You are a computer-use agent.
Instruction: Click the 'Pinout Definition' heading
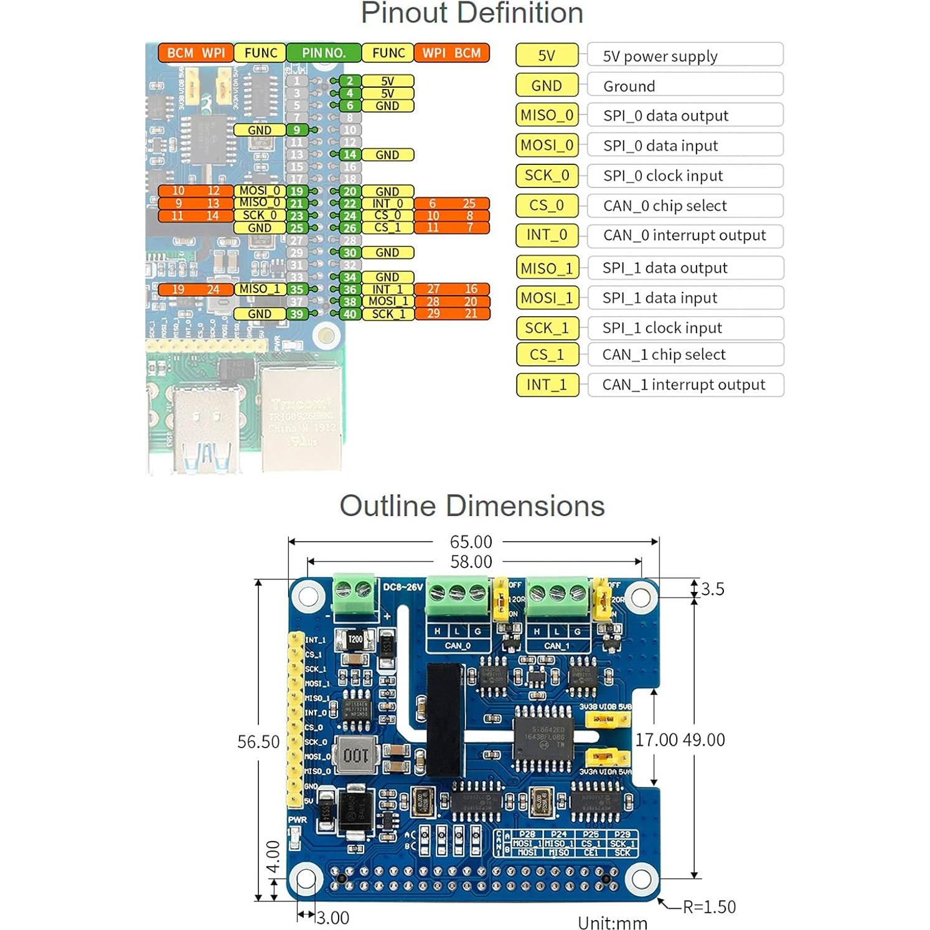tap(472, 14)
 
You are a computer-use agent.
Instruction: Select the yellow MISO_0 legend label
tap(547, 115)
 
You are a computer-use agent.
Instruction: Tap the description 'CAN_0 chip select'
tap(665, 205)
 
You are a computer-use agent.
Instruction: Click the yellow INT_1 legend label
tap(547, 385)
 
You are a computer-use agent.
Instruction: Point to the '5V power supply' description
tap(660, 56)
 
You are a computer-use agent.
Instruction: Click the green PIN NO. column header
tap(323, 53)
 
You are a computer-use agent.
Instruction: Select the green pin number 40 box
tap(350, 314)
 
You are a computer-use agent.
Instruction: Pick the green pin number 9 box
tap(297, 130)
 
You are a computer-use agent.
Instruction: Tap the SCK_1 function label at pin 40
tap(387, 314)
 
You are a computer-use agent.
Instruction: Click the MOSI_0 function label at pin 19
tap(260, 191)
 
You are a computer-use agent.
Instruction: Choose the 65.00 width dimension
tap(471, 542)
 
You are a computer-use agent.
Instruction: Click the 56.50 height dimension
tap(258, 741)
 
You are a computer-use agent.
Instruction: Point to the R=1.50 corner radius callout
tap(709, 906)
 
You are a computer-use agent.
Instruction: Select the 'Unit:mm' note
tap(613, 923)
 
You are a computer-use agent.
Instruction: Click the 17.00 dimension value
tap(656, 740)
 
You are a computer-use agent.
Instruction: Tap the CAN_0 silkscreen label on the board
tap(458, 646)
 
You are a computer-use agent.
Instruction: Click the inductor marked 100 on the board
tap(355, 755)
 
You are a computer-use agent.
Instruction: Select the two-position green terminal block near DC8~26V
tap(354, 596)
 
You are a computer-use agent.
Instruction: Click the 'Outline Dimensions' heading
tap(472, 505)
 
